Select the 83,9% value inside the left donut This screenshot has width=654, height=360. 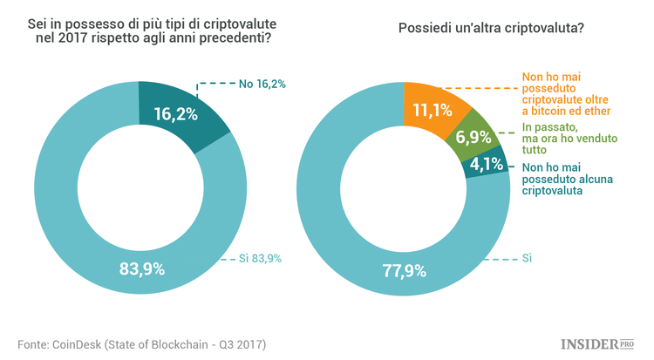(141, 268)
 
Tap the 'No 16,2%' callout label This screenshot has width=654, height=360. (262, 85)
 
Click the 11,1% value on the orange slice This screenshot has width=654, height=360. (430, 111)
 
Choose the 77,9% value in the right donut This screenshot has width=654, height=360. (403, 270)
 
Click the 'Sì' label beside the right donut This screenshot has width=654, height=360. (527, 259)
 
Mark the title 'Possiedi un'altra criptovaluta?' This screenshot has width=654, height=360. (491, 28)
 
